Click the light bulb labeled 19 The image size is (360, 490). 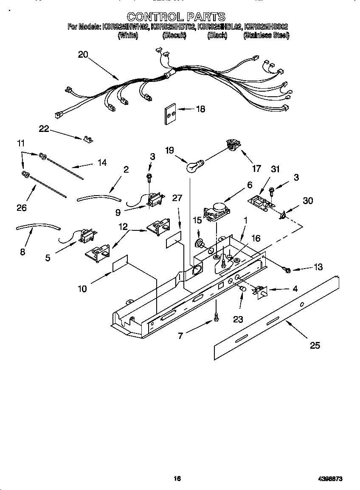[195, 165]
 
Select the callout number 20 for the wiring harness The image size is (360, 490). [83, 54]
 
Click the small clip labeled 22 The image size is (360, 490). [89, 139]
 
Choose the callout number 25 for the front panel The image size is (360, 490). [315, 345]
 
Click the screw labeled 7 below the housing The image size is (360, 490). [217, 316]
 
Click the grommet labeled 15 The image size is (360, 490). [198, 244]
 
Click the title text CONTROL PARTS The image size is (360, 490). [176, 17]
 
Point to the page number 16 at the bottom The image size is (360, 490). [177, 479]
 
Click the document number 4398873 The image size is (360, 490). [330, 479]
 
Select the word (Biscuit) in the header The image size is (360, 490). [174, 36]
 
